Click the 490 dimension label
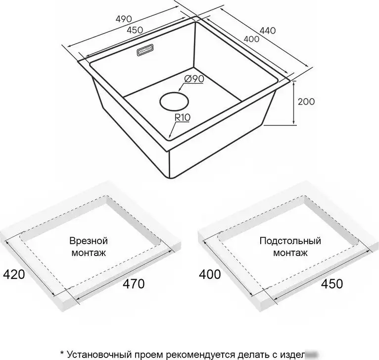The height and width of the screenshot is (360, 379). coord(124,19)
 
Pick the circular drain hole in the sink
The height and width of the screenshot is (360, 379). coord(173,102)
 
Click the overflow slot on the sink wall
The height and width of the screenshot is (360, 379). coord(143,51)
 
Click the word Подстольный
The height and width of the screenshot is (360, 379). coord(290,241)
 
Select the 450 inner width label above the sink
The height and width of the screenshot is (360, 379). coord(134,30)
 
